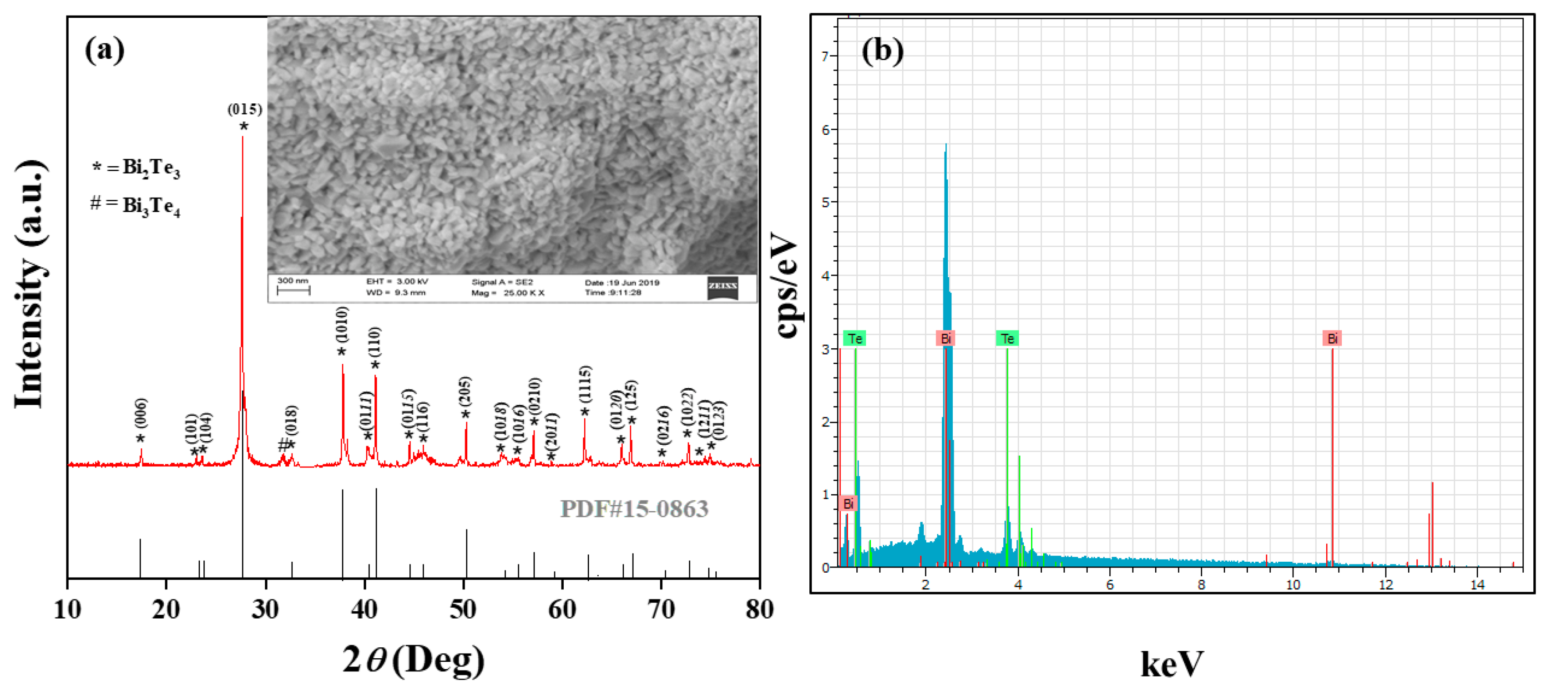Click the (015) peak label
244,109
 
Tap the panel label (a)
105,50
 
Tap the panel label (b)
882,50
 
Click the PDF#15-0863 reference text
634,509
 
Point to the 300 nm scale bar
293,288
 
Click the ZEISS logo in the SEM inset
722,286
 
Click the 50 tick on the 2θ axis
463,610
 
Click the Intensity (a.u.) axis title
30,285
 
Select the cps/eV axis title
787,285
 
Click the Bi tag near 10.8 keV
1332,339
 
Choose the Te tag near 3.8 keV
1007,339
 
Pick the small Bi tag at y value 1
848,503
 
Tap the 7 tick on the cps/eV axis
825,56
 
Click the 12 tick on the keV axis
1385,585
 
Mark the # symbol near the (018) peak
283,445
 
